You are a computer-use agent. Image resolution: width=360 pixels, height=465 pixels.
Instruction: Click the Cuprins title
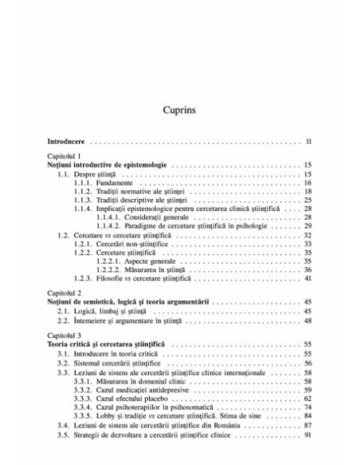(179, 105)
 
